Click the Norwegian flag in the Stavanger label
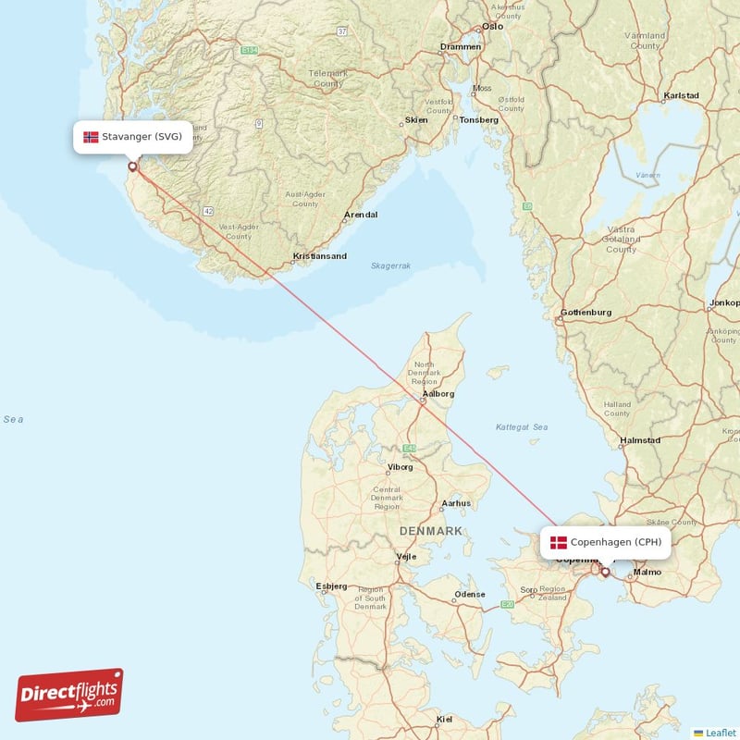(x=91, y=137)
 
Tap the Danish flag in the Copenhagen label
(x=559, y=542)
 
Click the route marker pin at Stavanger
(x=132, y=167)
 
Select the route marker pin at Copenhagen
(x=606, y=572)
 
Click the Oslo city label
(x=492, y=26)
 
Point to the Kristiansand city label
(x=319, y=256)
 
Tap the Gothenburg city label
(x=586, y=313)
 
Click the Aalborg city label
(x=438, y=393)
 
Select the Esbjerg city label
(x=331, y=586)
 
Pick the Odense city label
(x=470, y=594)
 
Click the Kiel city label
(x=445, y=719)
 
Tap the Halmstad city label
(x=639, y=440)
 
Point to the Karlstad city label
(x=681, y=95)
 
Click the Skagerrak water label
(x=390, y=265)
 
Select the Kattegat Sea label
(x=522, y=427)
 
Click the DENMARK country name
(x=431, y=531)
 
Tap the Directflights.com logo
(x=69, y=695)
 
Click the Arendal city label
(x=361, y=215)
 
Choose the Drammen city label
(x=461, y=46)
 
